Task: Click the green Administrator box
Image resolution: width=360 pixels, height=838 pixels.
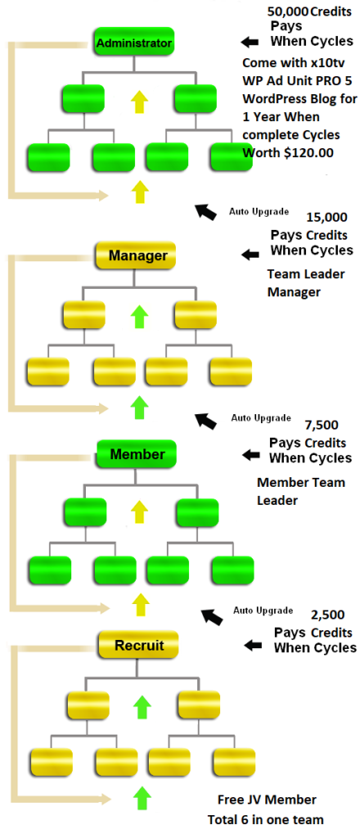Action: pyautogui.click(x=135, y=42)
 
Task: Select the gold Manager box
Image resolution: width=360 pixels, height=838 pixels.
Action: pyautogui.click(x=135, y=255)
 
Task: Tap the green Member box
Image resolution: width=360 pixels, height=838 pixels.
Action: pyautogui.click(x=136, y=454)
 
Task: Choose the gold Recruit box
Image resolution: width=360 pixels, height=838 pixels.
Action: pyautogui.click(x=138, y=645)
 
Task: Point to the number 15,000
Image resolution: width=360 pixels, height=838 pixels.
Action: pyautogui.click(x=327, y=217)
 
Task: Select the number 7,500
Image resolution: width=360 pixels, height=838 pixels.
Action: pyautogui.click(x=322, y=425)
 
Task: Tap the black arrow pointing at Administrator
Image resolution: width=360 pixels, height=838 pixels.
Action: pyautogui.click(x=250, y=42)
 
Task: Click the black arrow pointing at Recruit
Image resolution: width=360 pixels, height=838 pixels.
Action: pyautogui.click(x=253, y=646)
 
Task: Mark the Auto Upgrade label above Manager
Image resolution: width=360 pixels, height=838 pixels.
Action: pyautogui.click(x=259, y=212)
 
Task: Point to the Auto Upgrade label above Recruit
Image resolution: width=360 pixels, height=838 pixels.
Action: pyautogui.click(x=263, y=610)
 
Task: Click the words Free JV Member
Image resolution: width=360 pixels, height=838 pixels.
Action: pyautogui.click(x=267, y=800)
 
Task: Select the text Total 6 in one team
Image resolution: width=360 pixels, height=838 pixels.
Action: pyautogui.click(x=266, y=819)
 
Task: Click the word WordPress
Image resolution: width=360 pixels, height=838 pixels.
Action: pyautogui.click(x=273, y=99)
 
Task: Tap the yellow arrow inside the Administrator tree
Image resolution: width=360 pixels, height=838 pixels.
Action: pyautogui.click(x=139, y=101)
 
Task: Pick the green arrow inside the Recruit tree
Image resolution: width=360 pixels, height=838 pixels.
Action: pyautogui.click(x=142, y=707)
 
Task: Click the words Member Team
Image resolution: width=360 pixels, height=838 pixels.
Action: pyautogui.click(x=301, y=483)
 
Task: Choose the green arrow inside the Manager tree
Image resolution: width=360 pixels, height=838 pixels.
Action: pyautogui.click(x=139, y=317)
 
